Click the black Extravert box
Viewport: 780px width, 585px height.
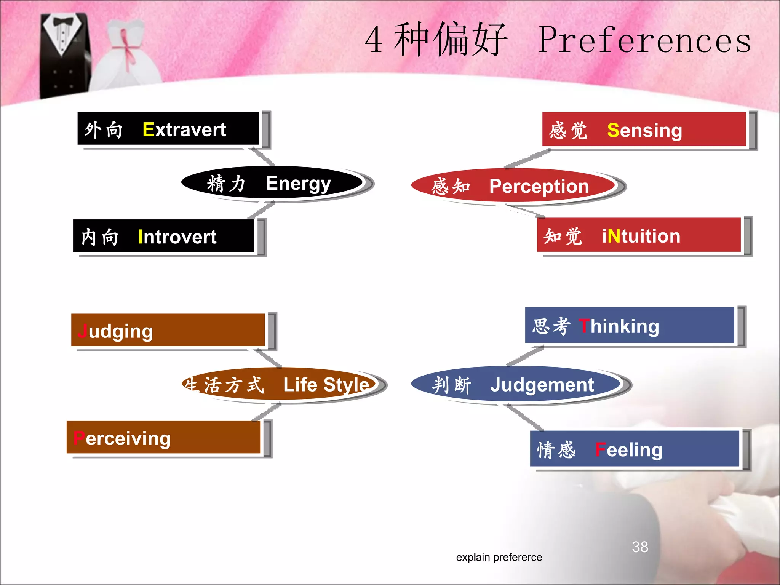click(168, 129)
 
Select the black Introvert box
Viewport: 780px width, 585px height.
click(163, 236)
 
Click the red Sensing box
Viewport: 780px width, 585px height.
click(644, 129)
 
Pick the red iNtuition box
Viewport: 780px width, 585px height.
click(639, 235)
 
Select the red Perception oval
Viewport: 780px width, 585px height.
click(513, 186)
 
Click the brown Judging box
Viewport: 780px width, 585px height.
click(168, 330)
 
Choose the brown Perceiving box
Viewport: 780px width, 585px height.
click(163, 437)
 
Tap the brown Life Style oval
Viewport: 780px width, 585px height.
click(280, 384)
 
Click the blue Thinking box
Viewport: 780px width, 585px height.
click(630, 325)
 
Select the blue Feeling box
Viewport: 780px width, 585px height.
click(635, 449)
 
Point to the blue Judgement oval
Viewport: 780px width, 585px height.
click(516, 384)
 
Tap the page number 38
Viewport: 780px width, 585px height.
click(640, 547)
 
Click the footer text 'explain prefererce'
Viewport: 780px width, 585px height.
click(499, 557)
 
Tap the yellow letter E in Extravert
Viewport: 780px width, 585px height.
click(148, 129)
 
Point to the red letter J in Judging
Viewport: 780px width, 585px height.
click(82, 331)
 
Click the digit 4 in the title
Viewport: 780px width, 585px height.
click(374, 40)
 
